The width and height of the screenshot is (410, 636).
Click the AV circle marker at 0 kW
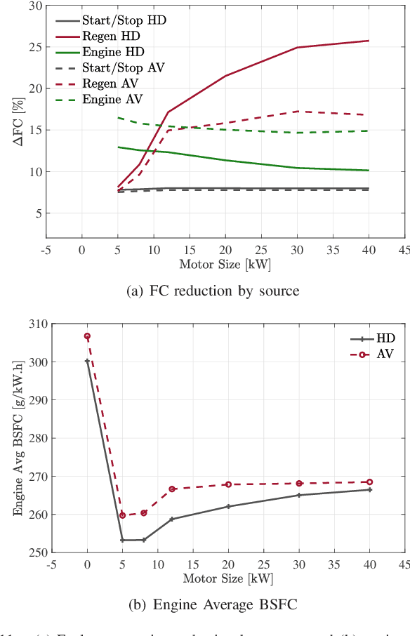[x=88, y=336]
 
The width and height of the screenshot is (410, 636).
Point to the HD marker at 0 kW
[x=88, y=361]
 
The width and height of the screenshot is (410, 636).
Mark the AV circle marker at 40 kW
[x=369, y=482]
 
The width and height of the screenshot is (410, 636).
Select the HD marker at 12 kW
[x=172, y=519]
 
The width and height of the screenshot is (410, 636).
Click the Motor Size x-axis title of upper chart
[x=225, y=265]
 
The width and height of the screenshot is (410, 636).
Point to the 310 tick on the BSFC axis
[x=38, y=324]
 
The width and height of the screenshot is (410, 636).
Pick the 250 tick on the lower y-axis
[x=38, y=552]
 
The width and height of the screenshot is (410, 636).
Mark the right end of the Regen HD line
[x=369, y=41]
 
